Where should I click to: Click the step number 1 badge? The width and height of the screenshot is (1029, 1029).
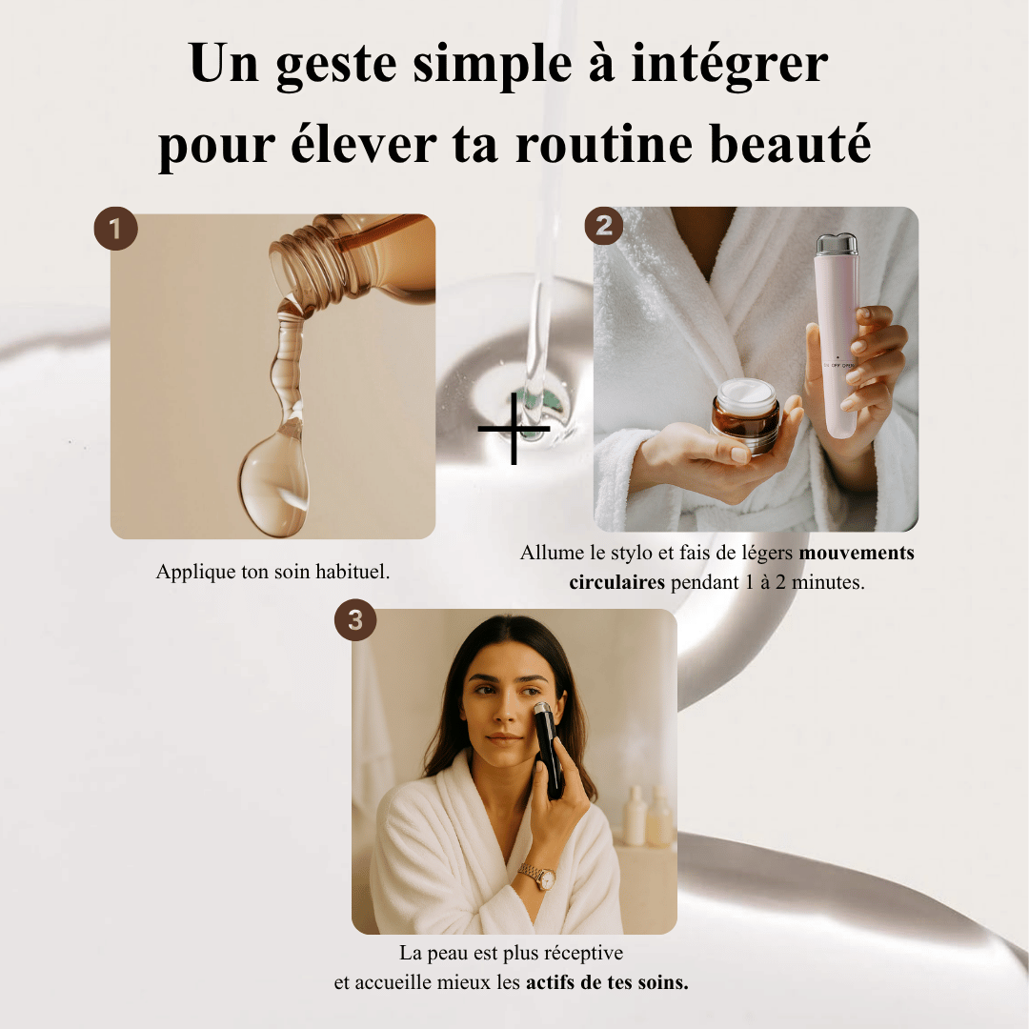[115, 229]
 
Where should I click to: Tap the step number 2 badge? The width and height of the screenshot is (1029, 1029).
[604, 226]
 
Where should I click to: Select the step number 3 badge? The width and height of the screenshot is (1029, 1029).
[355, 620]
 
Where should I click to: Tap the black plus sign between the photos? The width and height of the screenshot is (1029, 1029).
[514, 429]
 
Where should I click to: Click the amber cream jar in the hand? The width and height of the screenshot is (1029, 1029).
[745, 417]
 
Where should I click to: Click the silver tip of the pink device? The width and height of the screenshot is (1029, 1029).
[837, 246]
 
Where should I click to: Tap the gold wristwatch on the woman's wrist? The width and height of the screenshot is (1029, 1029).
[538, 877]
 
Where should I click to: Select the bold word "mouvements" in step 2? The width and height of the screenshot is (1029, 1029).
[857, 553]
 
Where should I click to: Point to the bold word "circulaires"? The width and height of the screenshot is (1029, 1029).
[616, 582]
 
